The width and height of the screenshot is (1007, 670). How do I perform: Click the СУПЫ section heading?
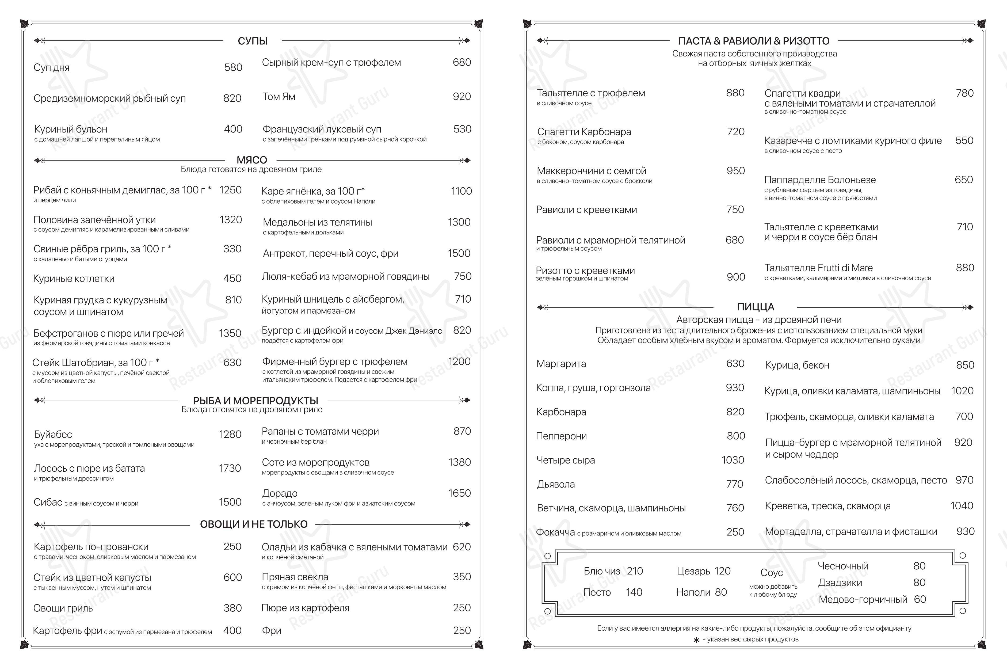coord(253,41)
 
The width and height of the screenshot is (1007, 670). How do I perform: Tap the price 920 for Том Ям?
coord(461,97)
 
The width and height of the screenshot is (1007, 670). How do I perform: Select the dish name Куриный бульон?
coord(70,129)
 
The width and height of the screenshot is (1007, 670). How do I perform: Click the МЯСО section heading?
coord(252,160)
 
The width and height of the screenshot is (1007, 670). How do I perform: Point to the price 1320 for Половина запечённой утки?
coord(230,220)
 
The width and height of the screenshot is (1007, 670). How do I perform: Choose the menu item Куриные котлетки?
coord(74,279)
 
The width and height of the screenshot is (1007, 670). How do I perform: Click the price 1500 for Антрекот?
coord(459,253)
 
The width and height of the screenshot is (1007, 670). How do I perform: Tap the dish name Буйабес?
coord(53,434)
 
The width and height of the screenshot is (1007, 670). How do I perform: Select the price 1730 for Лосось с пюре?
coord(230,468)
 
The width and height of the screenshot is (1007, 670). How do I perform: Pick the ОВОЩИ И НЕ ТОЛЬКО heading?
coord(254,524)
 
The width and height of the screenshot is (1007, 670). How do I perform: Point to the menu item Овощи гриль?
coord(63,608)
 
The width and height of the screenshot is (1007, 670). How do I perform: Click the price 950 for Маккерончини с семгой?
coord(735,170)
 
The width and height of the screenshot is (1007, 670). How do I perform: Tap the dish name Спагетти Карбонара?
coord(583,132)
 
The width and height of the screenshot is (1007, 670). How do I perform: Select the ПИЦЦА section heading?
coord(755,307)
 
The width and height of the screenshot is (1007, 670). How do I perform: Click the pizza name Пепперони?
coord(561,436)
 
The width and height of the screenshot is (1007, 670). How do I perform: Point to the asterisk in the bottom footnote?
coord(696,640)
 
